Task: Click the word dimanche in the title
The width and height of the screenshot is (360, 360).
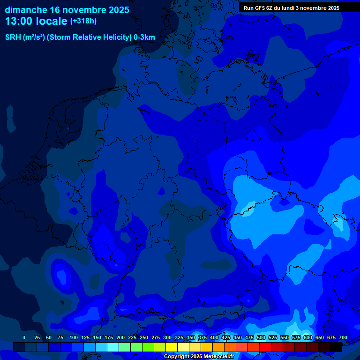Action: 26,10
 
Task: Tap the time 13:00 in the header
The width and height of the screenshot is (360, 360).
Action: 19,21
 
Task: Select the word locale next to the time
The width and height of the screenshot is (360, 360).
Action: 52,21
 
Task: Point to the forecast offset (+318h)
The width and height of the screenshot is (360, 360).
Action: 83,21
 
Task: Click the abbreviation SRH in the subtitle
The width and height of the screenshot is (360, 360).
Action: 13,37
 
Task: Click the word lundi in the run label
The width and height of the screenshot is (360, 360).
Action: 287,8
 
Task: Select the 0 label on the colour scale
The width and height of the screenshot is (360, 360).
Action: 24,337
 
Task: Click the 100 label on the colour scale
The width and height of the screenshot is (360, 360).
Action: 74,337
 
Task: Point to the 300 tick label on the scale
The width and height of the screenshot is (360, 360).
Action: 167,337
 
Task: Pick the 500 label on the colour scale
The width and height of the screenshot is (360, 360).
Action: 261,337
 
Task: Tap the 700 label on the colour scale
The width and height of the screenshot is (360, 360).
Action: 343,337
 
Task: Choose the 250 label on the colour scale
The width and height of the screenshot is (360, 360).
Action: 144,337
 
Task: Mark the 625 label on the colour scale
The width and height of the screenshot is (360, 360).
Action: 320,337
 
